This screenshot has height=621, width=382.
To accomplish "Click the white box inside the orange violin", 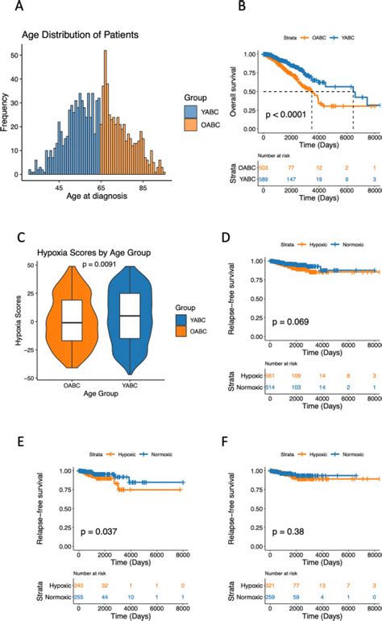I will coord(73,322).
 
